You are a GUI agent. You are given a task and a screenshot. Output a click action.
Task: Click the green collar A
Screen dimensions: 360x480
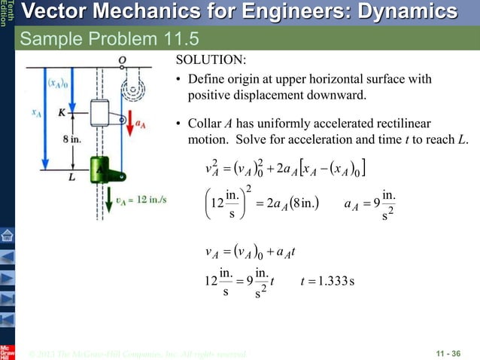point(101,169)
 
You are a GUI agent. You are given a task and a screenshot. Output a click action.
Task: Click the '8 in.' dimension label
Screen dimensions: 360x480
point(71,140)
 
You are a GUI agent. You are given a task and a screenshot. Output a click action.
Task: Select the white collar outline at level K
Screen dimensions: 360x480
point(101,114)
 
